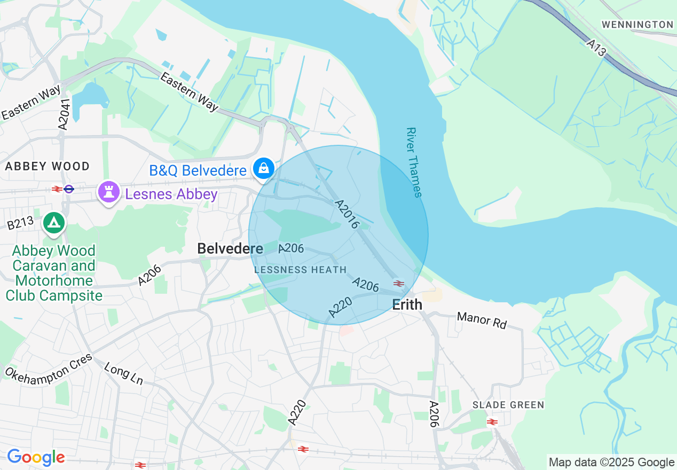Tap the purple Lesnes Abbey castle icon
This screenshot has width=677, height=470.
[109, 192]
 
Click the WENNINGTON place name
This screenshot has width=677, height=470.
[637, 25]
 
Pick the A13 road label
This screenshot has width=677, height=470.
[596, 48]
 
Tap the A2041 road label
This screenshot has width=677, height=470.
[64, 114]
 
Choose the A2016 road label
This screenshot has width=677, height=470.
[346, 215]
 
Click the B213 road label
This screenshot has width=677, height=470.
[21, 223]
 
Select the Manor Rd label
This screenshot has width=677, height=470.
[482, 320]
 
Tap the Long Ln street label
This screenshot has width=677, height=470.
[124, 373]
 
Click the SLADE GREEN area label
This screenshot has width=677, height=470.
[508, 405]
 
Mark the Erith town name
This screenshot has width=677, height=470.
[407, 305]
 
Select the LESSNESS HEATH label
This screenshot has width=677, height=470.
[301, 270]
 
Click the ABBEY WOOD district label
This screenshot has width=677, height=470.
[48, 166]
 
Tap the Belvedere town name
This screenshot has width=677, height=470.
[230, 248]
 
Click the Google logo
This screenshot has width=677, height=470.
[36, 457]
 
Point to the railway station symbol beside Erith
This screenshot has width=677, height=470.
[399, 283]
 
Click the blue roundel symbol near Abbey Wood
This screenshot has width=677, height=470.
[69, 189]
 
